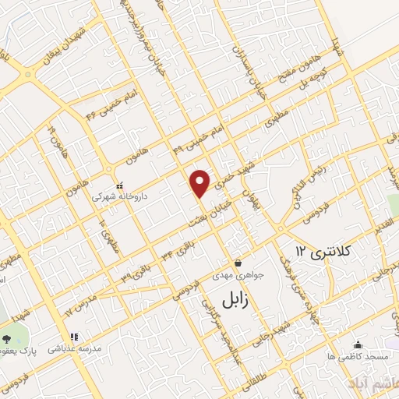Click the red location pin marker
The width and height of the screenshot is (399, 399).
200,182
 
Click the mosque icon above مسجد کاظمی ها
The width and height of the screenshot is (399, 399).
358,344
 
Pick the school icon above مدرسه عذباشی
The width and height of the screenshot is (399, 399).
75,337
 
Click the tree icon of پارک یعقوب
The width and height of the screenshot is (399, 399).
8,339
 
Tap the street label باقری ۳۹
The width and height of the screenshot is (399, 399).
132,273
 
